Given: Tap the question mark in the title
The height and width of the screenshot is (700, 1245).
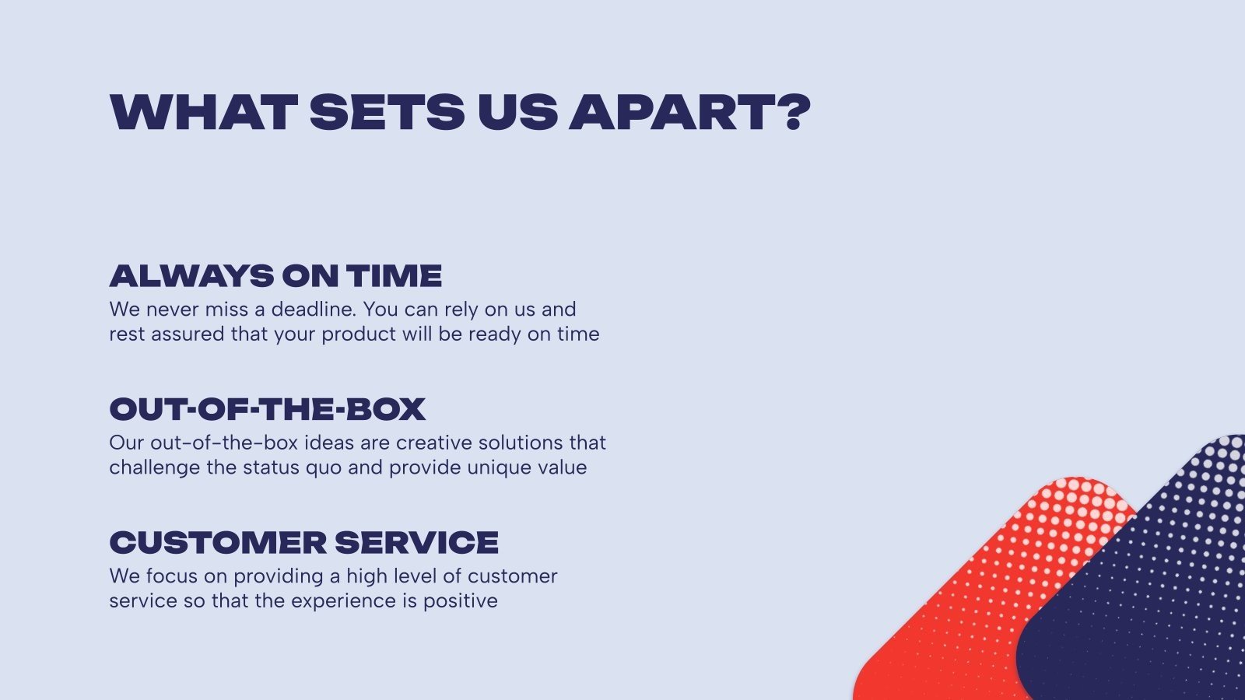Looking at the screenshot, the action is point(797,112).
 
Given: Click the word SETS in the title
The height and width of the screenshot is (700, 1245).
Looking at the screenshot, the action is point(387,112).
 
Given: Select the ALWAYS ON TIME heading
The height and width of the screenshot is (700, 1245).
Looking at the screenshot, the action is point(275,276).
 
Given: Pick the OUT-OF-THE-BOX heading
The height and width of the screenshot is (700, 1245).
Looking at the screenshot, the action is point(268,409).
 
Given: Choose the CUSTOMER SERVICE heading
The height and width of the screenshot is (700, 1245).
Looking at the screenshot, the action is point(304,543).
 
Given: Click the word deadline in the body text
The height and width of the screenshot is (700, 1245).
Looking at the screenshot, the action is point(314,309).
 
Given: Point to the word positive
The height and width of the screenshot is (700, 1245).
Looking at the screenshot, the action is point(460,601).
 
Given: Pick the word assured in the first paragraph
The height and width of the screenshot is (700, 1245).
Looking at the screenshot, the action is point(188,334).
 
